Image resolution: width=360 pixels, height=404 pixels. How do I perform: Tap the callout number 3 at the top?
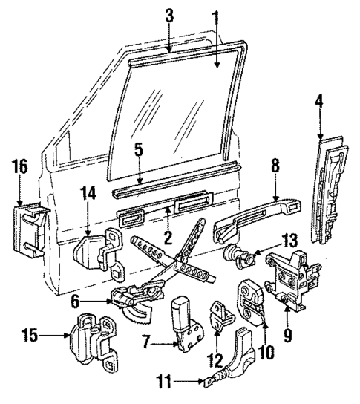pyautogui.click(x=170, y=15)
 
